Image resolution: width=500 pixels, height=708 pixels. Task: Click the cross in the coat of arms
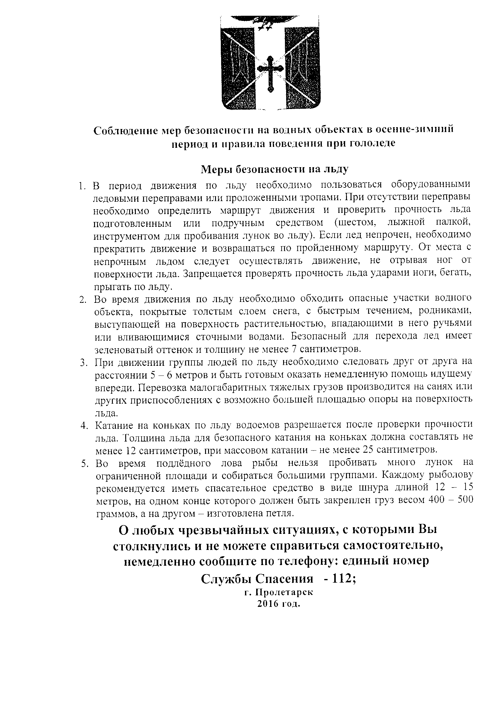(270, 74)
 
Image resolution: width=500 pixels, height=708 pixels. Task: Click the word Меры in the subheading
(215, 169)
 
